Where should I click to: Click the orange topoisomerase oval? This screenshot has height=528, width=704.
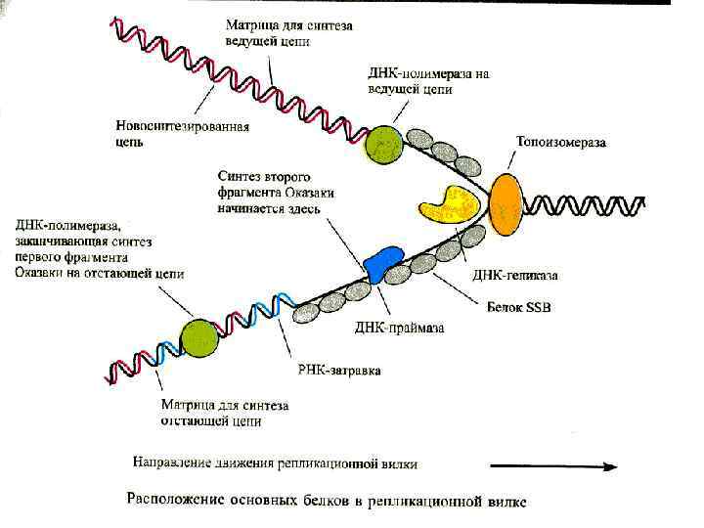[x=506, y=205]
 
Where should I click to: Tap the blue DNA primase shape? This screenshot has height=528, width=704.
[x=382, y=262]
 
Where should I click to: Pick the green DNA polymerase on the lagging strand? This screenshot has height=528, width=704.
[x=201, y=336]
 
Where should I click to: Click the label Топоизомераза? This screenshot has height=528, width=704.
[x=560, y=143]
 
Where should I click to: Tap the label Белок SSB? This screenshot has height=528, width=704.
[x=519, y=307]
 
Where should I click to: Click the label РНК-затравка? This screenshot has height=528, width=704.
[x=338, y=372]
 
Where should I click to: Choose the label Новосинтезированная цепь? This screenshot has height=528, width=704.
[x=182, y=134]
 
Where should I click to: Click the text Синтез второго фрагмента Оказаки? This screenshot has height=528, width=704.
[x=276, y=186]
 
